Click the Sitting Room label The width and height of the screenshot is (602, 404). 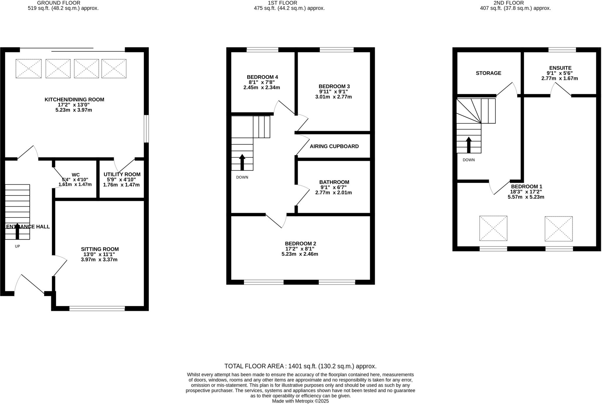100,249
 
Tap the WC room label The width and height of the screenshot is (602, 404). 76,175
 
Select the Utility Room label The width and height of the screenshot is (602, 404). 122,175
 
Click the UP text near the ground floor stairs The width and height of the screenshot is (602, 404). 17,246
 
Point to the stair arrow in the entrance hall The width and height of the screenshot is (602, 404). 17,232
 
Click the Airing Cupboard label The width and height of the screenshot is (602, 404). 334,146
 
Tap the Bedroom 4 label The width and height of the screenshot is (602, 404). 262,77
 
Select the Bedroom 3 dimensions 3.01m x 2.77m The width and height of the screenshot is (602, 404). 334,97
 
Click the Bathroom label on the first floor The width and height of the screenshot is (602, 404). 334,182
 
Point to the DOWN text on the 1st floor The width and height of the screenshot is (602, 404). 242,177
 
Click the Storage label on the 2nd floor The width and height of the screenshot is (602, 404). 488,73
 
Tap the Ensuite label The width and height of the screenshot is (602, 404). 560,68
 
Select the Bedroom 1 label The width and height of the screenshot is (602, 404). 526,187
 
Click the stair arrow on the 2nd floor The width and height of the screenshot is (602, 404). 469,145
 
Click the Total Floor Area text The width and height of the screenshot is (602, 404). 300,366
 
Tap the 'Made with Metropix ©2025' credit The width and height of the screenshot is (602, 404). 300,401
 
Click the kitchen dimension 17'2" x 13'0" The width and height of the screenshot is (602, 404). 74,105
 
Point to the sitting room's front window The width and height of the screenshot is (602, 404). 97,308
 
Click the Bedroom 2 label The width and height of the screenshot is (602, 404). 300,244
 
